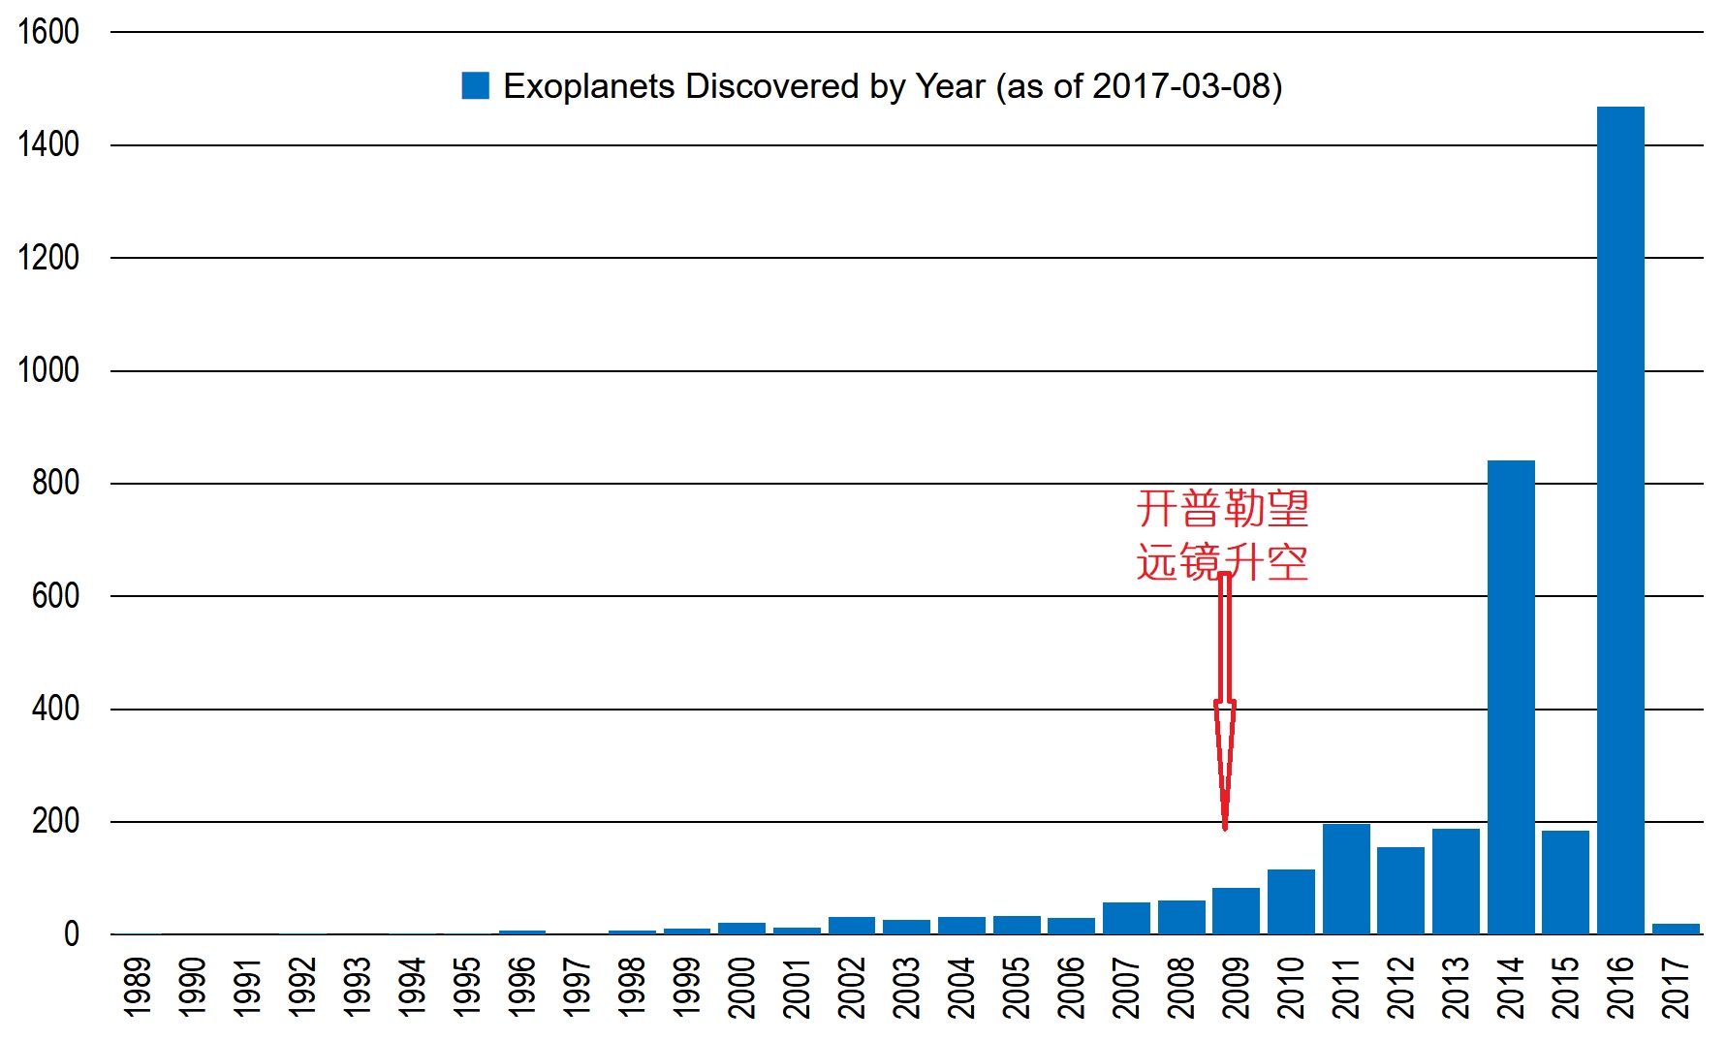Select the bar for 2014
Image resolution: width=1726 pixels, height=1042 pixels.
click(1511, 697)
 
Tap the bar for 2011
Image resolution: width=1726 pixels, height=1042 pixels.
click(1346, 879)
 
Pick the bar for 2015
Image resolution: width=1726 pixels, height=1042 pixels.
click(1565, 882)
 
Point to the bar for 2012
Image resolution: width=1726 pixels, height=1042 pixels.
click(1400, 891)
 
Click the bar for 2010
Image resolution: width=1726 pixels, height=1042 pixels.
click(1291, 901)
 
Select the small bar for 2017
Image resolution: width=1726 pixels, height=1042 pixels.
click(1676, 929)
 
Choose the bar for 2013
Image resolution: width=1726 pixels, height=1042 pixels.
click(1456, 881)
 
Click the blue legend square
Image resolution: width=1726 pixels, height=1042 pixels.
click(475, 86)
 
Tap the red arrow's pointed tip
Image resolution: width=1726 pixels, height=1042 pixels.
click(1225, 826)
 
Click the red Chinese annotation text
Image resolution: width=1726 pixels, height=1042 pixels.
click(1222, 535)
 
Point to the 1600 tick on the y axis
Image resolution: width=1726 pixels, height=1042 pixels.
click(48, 32)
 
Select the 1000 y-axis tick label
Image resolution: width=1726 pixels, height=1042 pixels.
click(48, 370)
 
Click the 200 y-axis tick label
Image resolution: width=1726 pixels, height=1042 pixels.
click(55, 821)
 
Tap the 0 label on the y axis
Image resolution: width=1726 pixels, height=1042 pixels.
click(72, 934)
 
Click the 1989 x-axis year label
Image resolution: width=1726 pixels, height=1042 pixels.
click(139, 987)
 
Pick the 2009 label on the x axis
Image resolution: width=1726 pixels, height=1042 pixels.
click(1236, 987)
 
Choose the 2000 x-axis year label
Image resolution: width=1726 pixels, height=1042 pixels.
click(742, 987)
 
